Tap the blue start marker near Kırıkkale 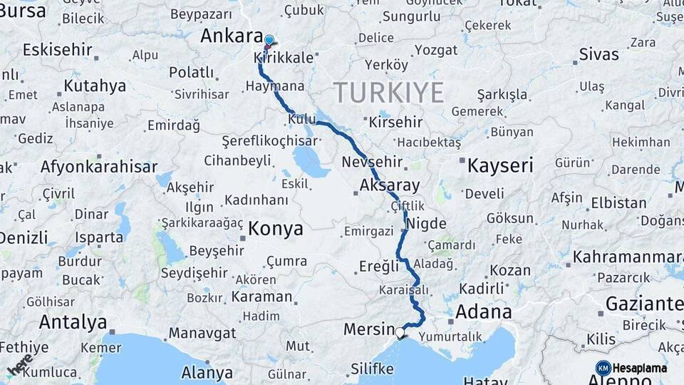(269, 41)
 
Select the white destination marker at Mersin (400, 332)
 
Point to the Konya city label (276, 229)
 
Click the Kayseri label (500, 166)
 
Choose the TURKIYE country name (388, 93)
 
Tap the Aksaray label (390, 185)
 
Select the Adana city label (484, 312)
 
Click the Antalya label (73, 322)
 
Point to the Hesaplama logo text (638, 368)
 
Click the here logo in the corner (19, 364)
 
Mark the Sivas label (598, 54)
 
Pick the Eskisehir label (57, 50)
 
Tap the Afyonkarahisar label (99, 167)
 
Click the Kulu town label (301, 119)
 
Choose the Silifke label (372, 369)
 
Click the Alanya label (207, 373)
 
